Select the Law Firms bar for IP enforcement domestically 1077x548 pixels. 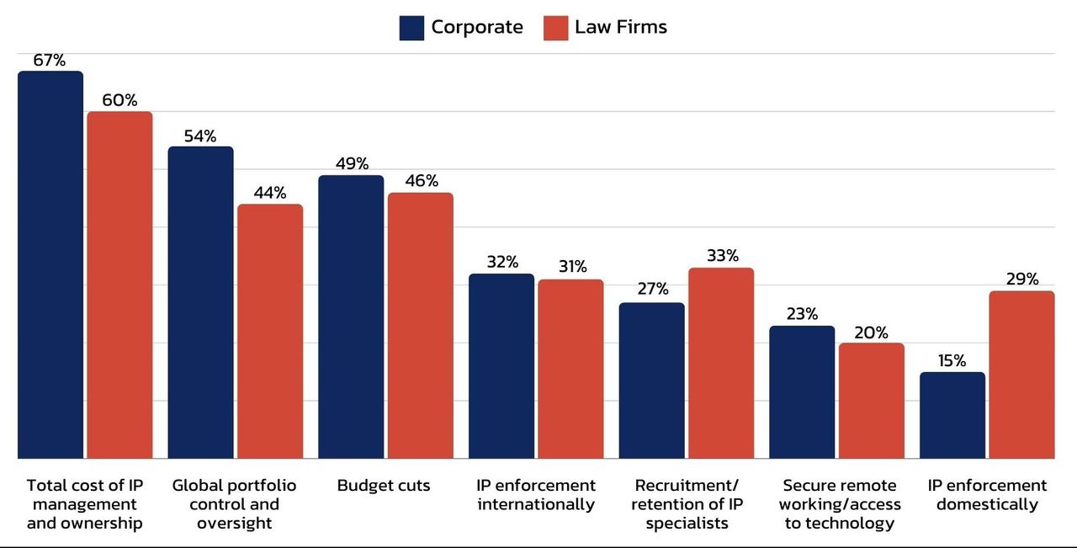tap(1021, 375)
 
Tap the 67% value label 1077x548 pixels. tap(50, 61)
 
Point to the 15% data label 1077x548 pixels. tap(952, 361)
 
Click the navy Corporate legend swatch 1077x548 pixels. tap(411, 28)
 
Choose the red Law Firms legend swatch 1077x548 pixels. tap(555, 28)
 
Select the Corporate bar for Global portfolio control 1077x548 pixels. tap(200, 302)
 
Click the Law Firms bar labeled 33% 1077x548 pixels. tap(721, 363)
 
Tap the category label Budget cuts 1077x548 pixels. tap(384, 486)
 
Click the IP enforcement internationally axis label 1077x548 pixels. tap(536, 495)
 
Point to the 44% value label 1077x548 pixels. tap(270, 193)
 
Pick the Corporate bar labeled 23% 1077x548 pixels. tap(802, 392)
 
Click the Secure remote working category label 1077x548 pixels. tap(840, 504)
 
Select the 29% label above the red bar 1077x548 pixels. tap(1022, 279)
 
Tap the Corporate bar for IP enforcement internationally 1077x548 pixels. tap(501, 366)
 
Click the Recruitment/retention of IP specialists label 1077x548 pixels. tap(687, 504)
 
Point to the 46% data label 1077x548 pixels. tap(421, 181)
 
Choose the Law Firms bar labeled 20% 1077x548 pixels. tap(872, 401)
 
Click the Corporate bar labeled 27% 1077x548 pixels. tap(652, 380)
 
